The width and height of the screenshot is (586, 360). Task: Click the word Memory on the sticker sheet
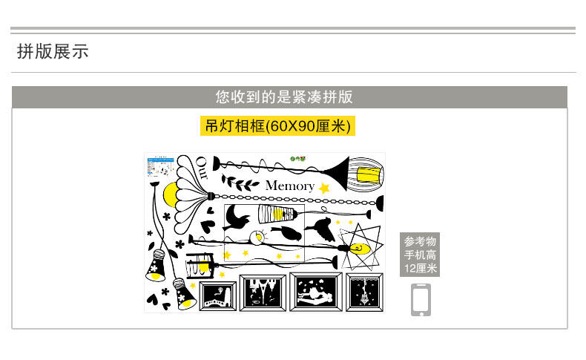pos(289,186)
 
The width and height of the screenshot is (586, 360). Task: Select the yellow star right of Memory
pos(324,189)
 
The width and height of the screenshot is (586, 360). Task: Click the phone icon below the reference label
pos(421,299)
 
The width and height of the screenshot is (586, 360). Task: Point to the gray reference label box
pos(421,255)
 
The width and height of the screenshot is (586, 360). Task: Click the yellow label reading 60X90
pos(277,125)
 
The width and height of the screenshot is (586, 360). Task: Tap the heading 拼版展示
pos(53,51)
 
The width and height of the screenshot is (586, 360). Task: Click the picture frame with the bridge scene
pos(217,295)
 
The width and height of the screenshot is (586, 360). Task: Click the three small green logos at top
pos(300,157)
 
